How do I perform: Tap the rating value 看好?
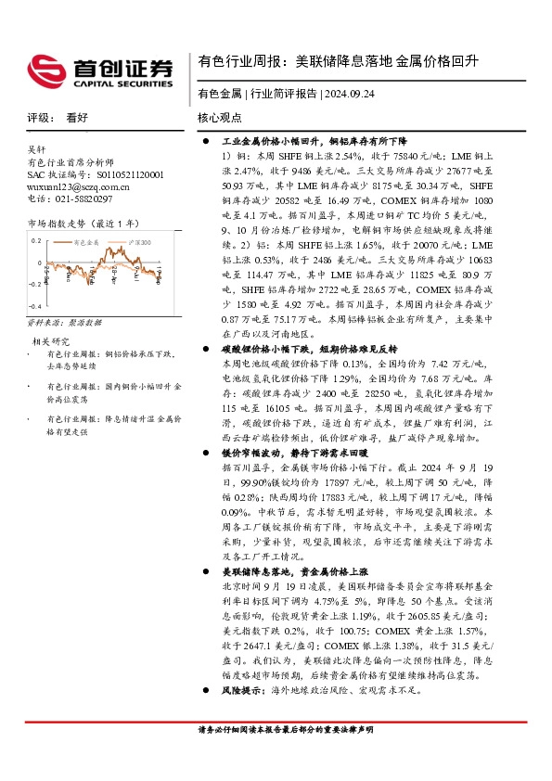pyautogui.click(x=77, y=118)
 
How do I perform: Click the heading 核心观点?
pyautogui.click(x=222, y=118)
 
